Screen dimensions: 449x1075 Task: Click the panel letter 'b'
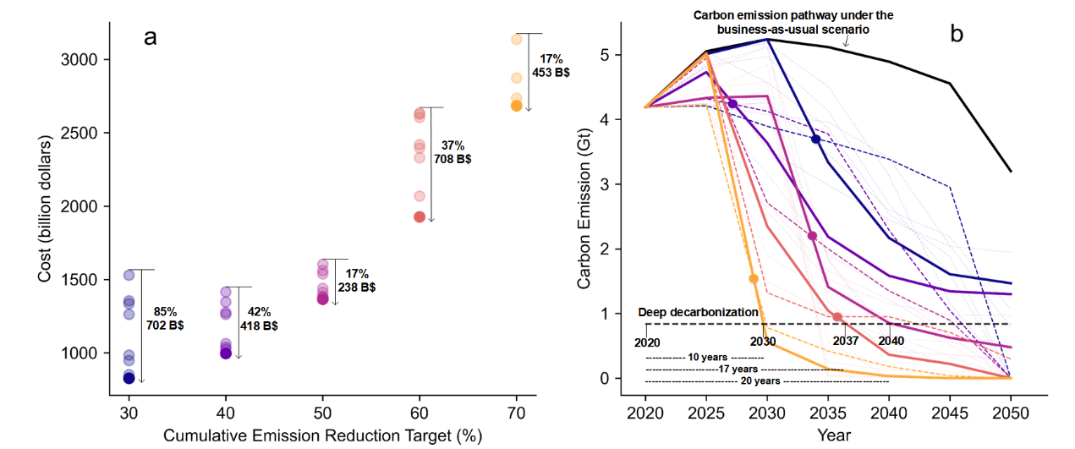pyautogui.click(x=957, y=34)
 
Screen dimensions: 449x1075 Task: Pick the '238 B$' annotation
pyautogui.click(x=356, y=287)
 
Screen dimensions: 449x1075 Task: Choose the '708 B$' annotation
pyautogui.click(x=452, y=158)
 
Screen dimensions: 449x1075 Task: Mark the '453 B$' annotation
pyautogui.click(x=551, y=73)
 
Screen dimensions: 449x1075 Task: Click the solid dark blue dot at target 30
pyautogui.click(x=129, y=378)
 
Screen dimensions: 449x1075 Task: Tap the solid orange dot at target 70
pyautogui.click(x=517, y=106)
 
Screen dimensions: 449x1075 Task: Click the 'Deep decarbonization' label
pyautogui.click(x=699, y=312)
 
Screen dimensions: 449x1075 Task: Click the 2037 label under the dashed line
pyautogui.click(x=846, y=342)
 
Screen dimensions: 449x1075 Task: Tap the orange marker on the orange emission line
pyautogui.click(x=754, y=278)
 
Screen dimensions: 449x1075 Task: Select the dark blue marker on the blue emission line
pyautogui.click(x=815, y=139)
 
